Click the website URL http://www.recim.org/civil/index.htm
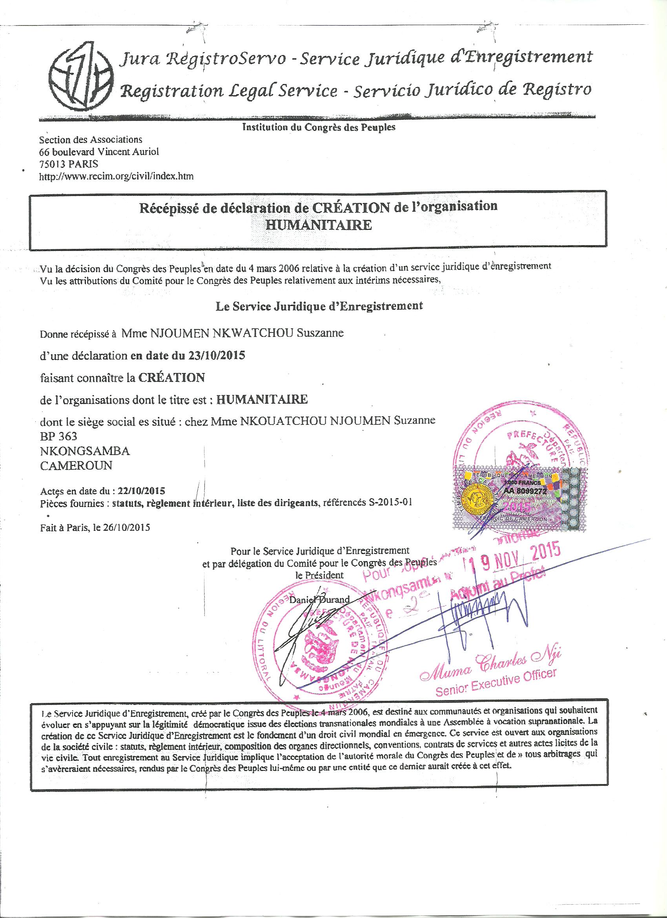pyautogui.click(x=116, y=176)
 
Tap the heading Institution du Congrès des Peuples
pyautogui.click(x=318, y=128)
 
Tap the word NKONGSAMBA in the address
pyautogui.click(x=85, y=451)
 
